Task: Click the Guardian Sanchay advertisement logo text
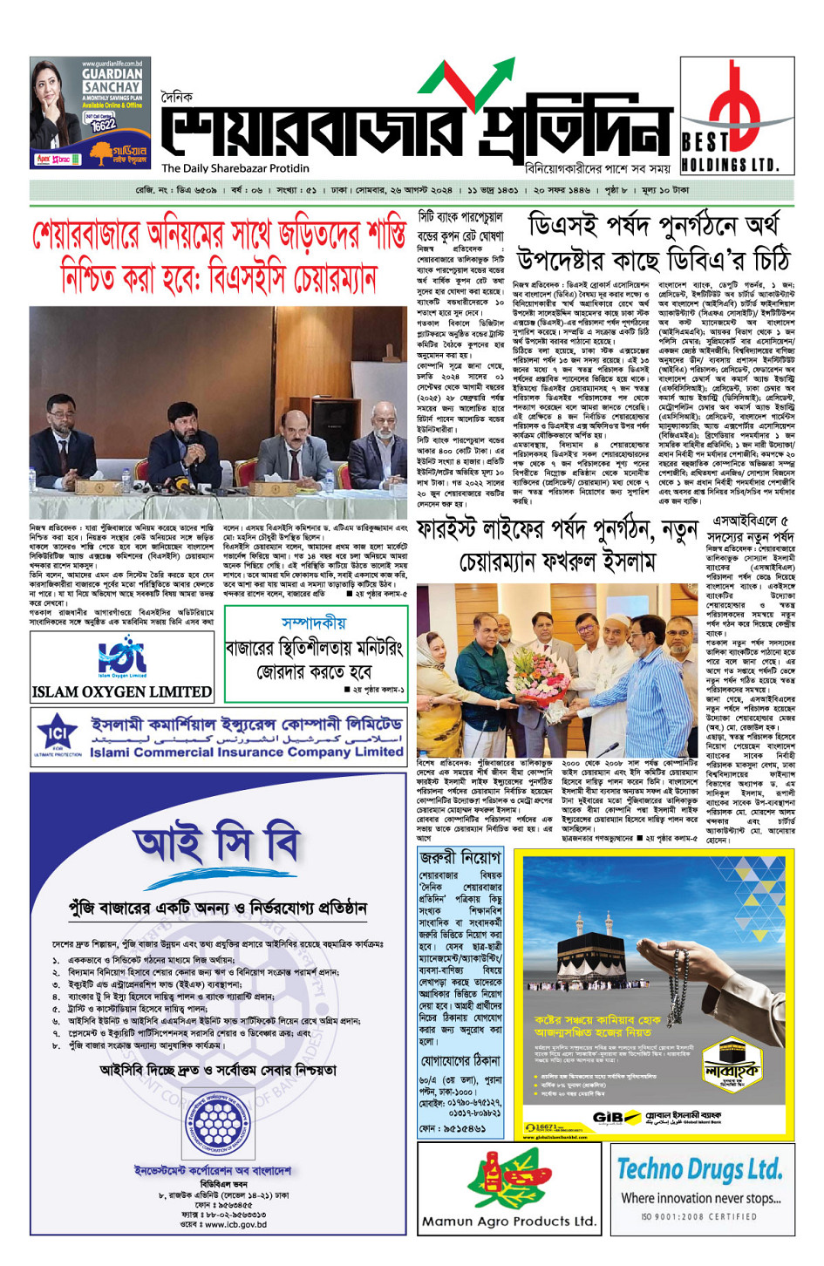tap(112, 80)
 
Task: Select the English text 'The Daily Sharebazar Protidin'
tap(235, 168)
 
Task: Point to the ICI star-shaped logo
tap(58, 732)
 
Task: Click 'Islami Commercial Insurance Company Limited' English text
tap(246, 752)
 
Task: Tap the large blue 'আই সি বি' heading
tap(217, 843)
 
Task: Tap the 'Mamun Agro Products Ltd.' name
tap(509, 1222)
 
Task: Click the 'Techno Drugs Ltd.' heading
tap(700, 1168)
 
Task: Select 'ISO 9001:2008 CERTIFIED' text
tap(699, 1216)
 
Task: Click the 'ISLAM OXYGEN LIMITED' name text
tap(122, 691)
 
